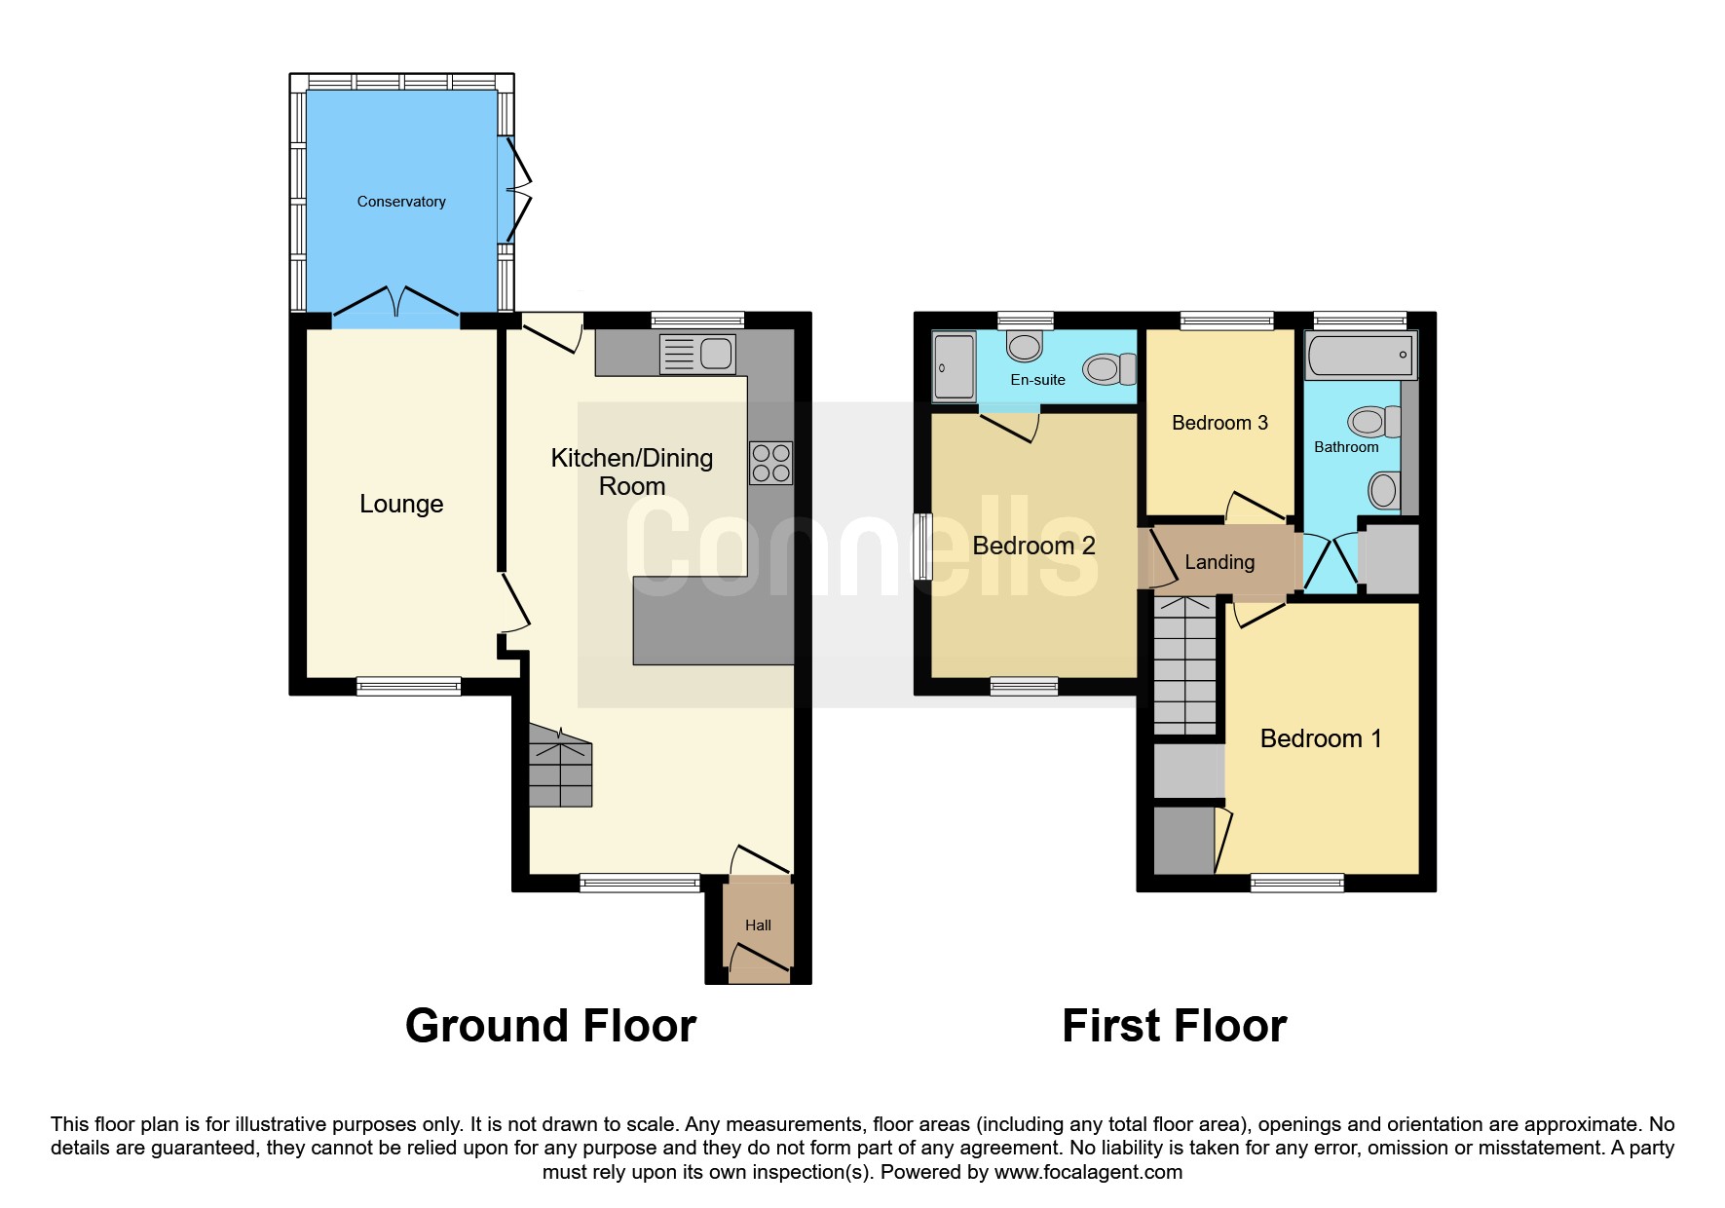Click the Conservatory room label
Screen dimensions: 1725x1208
click(x=401, y=202)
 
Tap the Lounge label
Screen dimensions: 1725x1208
click(x=401, y=504)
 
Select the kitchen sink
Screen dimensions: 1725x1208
click(x=697, y=354)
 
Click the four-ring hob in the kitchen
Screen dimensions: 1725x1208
click(x=770, y=464)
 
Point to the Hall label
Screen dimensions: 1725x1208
click(x=758, y=925)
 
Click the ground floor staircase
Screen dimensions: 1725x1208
click(x=560, y=765)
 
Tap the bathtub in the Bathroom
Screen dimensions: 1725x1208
click(x=1361, y=355)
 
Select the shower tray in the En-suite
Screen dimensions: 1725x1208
click(x=954, y=367)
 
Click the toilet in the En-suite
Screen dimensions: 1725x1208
click(x=1110, y=368)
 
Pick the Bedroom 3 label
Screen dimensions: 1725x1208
click(x=1219, y=423)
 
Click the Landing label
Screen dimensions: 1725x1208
click(x=1219, y=562)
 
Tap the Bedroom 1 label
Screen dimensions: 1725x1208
click(x=1321, y=738)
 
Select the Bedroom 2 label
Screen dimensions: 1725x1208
click(x=1033, y=546)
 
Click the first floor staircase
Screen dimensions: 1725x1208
click(x=1185, y=664)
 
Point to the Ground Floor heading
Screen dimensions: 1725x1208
click(x=550, y=1026)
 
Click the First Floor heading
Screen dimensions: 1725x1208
click(x=1175, y=1026)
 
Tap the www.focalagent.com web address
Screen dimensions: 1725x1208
click(x=1088, y=1172)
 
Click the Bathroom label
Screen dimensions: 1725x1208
click(x=1346, y=447)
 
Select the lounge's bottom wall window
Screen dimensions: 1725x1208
click(x=409, y=687)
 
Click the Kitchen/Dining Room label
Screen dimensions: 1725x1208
click(x=632, y=472)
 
